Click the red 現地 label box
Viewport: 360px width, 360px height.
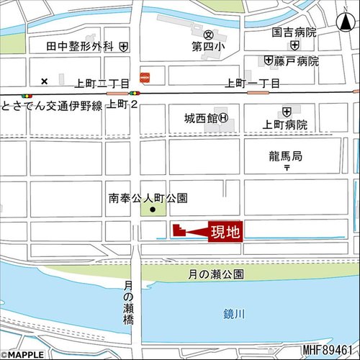click(225, 231)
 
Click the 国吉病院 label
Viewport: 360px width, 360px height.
click(294, 32)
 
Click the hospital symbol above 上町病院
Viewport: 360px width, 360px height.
click(287, 111)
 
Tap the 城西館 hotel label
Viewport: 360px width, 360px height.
click(200, 117)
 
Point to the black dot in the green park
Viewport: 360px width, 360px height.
click(152, 210)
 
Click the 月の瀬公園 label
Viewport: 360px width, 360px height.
click(216, 274)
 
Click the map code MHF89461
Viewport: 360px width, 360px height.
click(330, 351)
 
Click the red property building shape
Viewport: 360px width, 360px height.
click(179, 230)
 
